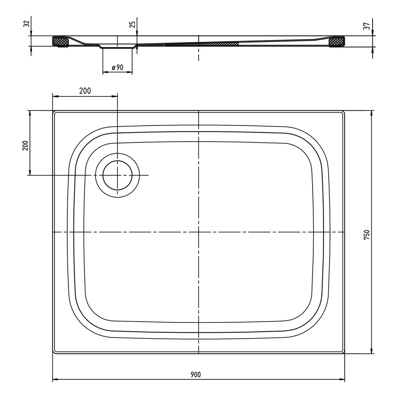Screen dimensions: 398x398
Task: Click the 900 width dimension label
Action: click(196, 375)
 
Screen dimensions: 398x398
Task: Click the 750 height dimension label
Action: click(367, 235)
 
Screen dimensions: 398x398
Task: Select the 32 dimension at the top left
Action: click(26, 24)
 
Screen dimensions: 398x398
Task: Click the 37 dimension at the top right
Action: click(367, 26)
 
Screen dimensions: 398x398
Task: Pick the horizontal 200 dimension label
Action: click(85, 91)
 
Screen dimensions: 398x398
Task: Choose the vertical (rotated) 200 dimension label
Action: click(25, 145)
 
